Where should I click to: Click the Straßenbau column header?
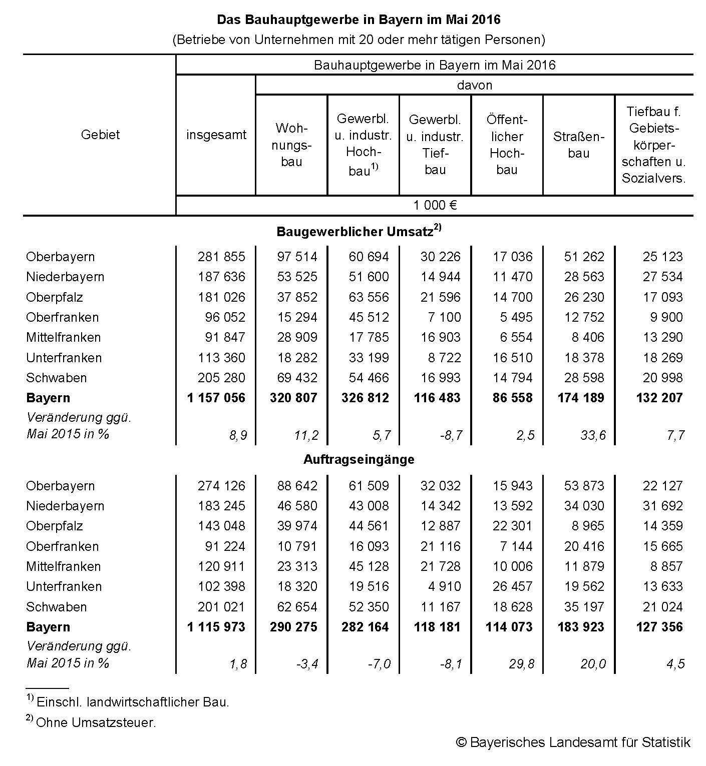(x=578, y=145)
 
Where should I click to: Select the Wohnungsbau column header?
(x=291, y=145)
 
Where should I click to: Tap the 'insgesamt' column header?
(x=216, y=135)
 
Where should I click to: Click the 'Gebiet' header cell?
(x=100, y=135)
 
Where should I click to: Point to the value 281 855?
(x=221, y=257)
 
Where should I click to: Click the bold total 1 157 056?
(x=216, y=398)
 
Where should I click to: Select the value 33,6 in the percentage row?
(x=592, y=435)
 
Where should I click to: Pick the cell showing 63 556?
(x=369, y=297)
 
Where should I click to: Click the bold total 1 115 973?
(x=216, y=627)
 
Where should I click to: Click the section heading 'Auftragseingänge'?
(x=359, y=459)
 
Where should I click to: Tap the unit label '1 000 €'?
(x=435, y=205)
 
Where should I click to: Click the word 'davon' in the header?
(x=474, y=85)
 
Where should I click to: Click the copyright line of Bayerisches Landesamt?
(x=573, y=742)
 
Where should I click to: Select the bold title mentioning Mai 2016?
(x=359, y=20)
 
